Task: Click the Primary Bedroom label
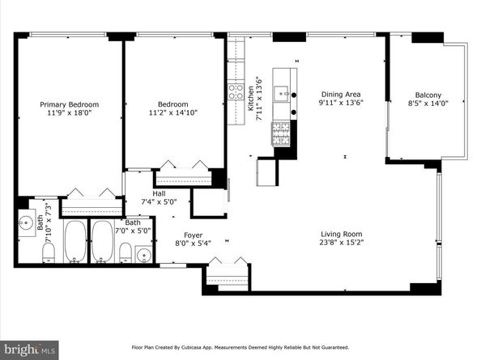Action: click(x=70, y=105)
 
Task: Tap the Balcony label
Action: click(x=428, y=93)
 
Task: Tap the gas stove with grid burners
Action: click(x=281, y=133)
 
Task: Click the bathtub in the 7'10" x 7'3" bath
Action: click(x=75, y=241)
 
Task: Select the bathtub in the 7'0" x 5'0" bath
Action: click(x=103, y=241)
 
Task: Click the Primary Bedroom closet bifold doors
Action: click(x=89, y=192)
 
